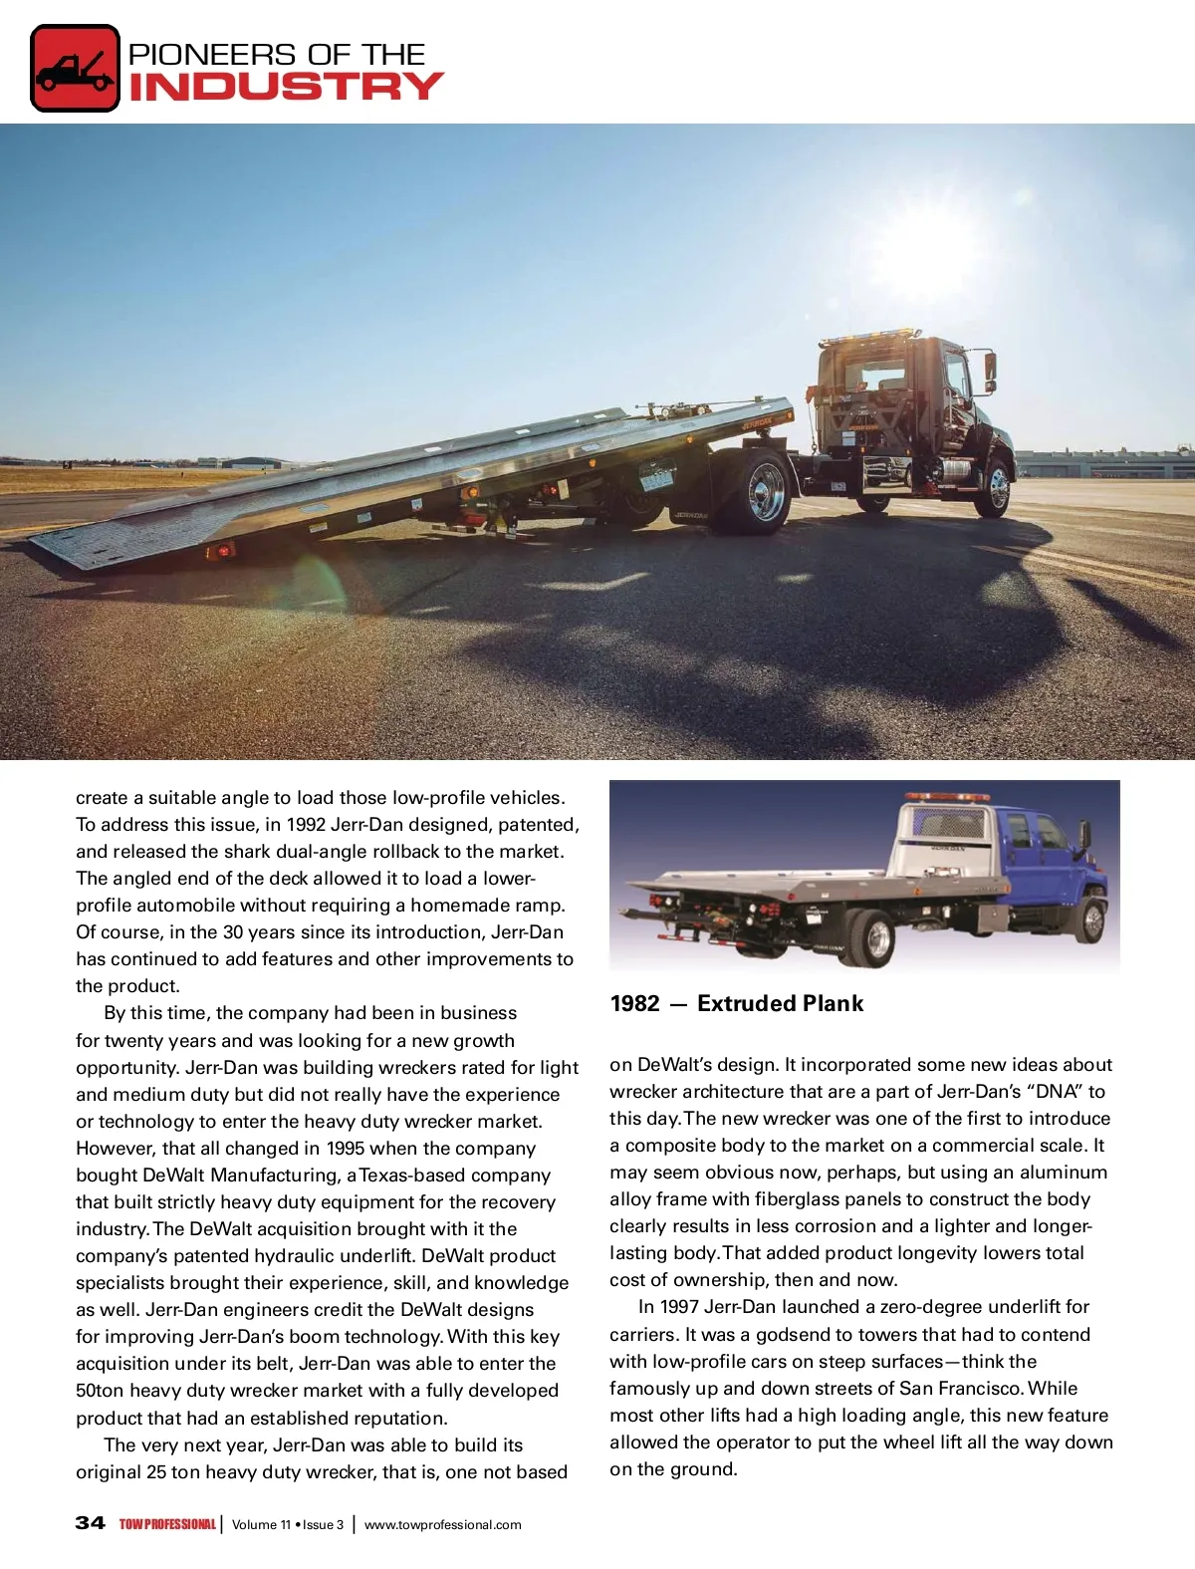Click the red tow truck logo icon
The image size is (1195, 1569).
(76, 68)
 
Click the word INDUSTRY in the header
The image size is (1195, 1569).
(286, 87)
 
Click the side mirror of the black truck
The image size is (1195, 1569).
(989, 369)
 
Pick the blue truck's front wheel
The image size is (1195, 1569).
(1092, 920)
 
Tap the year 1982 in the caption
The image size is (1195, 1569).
(634, 1004)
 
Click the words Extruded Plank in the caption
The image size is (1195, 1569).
(780, 1004)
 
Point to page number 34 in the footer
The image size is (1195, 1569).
(90, 1522)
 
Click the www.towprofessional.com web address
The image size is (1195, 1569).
(442, 1524)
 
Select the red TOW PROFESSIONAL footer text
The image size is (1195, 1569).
(166, 1524)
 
